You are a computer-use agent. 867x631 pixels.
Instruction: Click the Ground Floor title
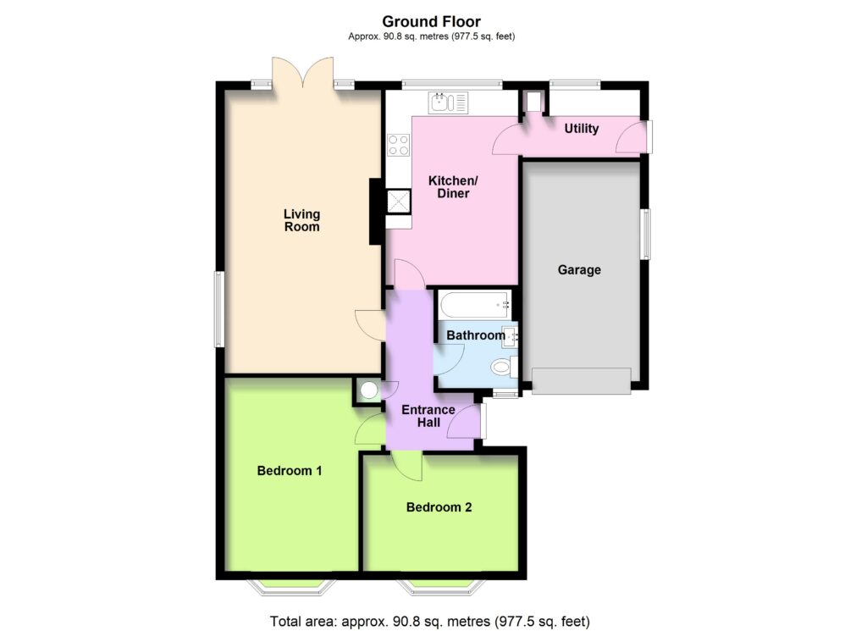pyautogui.click(x=431, y=21)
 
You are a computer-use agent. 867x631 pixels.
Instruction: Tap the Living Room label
pyautogui.click(x=302, y=220)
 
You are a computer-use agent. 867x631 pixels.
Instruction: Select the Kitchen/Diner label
pyautogui.click(x=453, y=187)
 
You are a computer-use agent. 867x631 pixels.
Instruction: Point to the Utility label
pyautogui.click(x=581, y=129)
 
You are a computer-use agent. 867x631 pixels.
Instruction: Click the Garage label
pyautogui.click(x=579, y=270)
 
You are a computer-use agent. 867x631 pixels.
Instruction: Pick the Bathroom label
pyautogui.click(x=476, y=335)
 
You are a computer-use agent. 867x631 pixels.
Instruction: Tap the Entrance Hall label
pyautogui.click(x=428, y=416)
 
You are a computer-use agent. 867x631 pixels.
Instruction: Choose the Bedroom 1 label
pyautogui.click(x=290, y=471)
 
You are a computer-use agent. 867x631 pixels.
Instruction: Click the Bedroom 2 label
pyautogui.click(x=439, y=507)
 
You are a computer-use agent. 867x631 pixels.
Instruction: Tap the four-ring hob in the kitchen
pyautogui.click(x=399, y=145)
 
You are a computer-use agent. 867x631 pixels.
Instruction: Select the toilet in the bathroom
pyautogui.click(x=505, y=367)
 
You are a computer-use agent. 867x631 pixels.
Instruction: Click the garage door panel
pyautogui.click(x=581, y=381)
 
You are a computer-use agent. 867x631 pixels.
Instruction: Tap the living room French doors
pyautogui.click(x=302, y=72)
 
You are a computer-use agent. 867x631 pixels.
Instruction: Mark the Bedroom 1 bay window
pyautogui.click(x=291, y=587)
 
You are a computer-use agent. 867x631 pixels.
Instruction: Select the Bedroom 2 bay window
pyautogui.click(x=440, y=587)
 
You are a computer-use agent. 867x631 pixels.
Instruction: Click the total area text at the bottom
pyautogui.click(x=429, y=621)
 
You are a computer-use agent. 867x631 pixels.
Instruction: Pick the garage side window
pyautogui.click(x=645, y=234)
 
